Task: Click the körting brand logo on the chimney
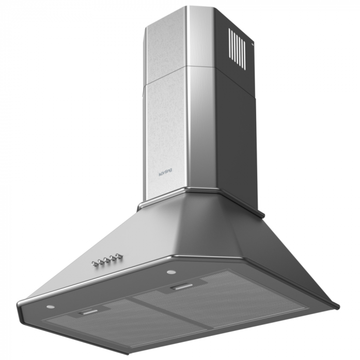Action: [x=165, y=173]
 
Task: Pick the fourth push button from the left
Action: [x=112, y=258]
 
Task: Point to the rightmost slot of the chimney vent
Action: [x=244, y=55]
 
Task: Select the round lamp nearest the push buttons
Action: [x=171, y=272]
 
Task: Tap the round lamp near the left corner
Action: [x=51, y=307]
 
